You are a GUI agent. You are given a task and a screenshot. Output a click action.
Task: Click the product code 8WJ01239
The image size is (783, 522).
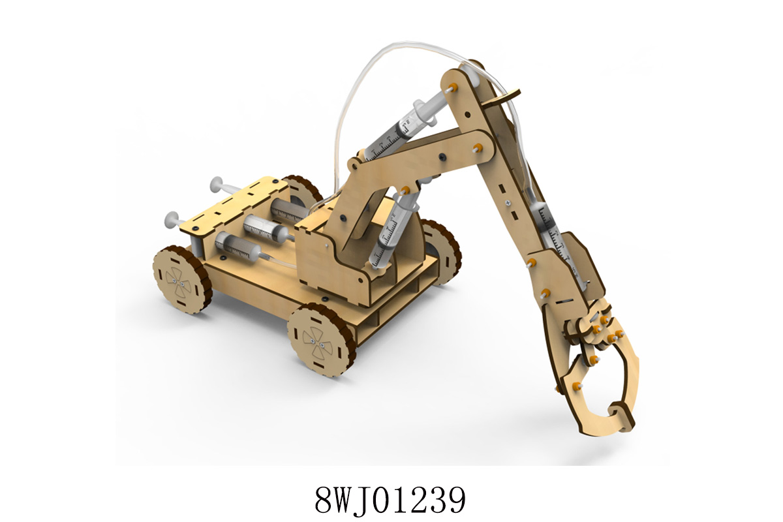coord(390,500)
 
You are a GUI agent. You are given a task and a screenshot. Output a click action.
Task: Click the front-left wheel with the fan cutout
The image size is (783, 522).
coord(183,279)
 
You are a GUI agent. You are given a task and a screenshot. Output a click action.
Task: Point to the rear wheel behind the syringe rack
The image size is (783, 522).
coord(303,192)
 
